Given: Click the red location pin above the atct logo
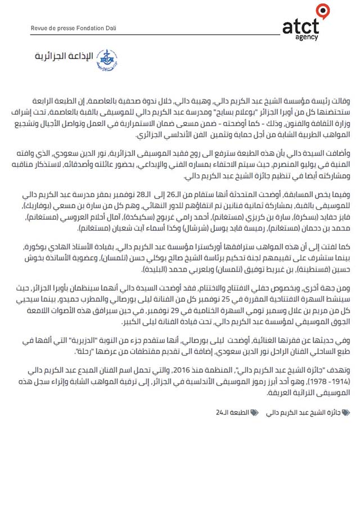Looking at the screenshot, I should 322,10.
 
